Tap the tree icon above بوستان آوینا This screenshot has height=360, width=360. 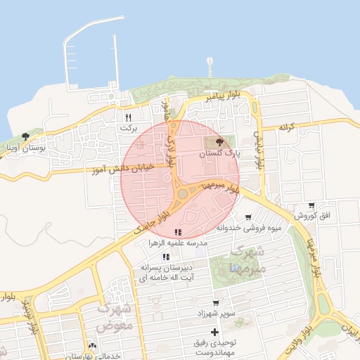[26, 136]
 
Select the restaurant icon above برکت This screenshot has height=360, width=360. [128, 117]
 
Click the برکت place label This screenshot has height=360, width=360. [127, 128]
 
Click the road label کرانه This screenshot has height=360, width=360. [285, 127]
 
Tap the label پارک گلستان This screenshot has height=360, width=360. [218, 153]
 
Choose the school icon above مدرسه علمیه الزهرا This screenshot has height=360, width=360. [178, 231]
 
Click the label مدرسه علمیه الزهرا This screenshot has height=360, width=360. [176, 242]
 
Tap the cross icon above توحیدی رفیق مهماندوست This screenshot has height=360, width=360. [214, 332]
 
